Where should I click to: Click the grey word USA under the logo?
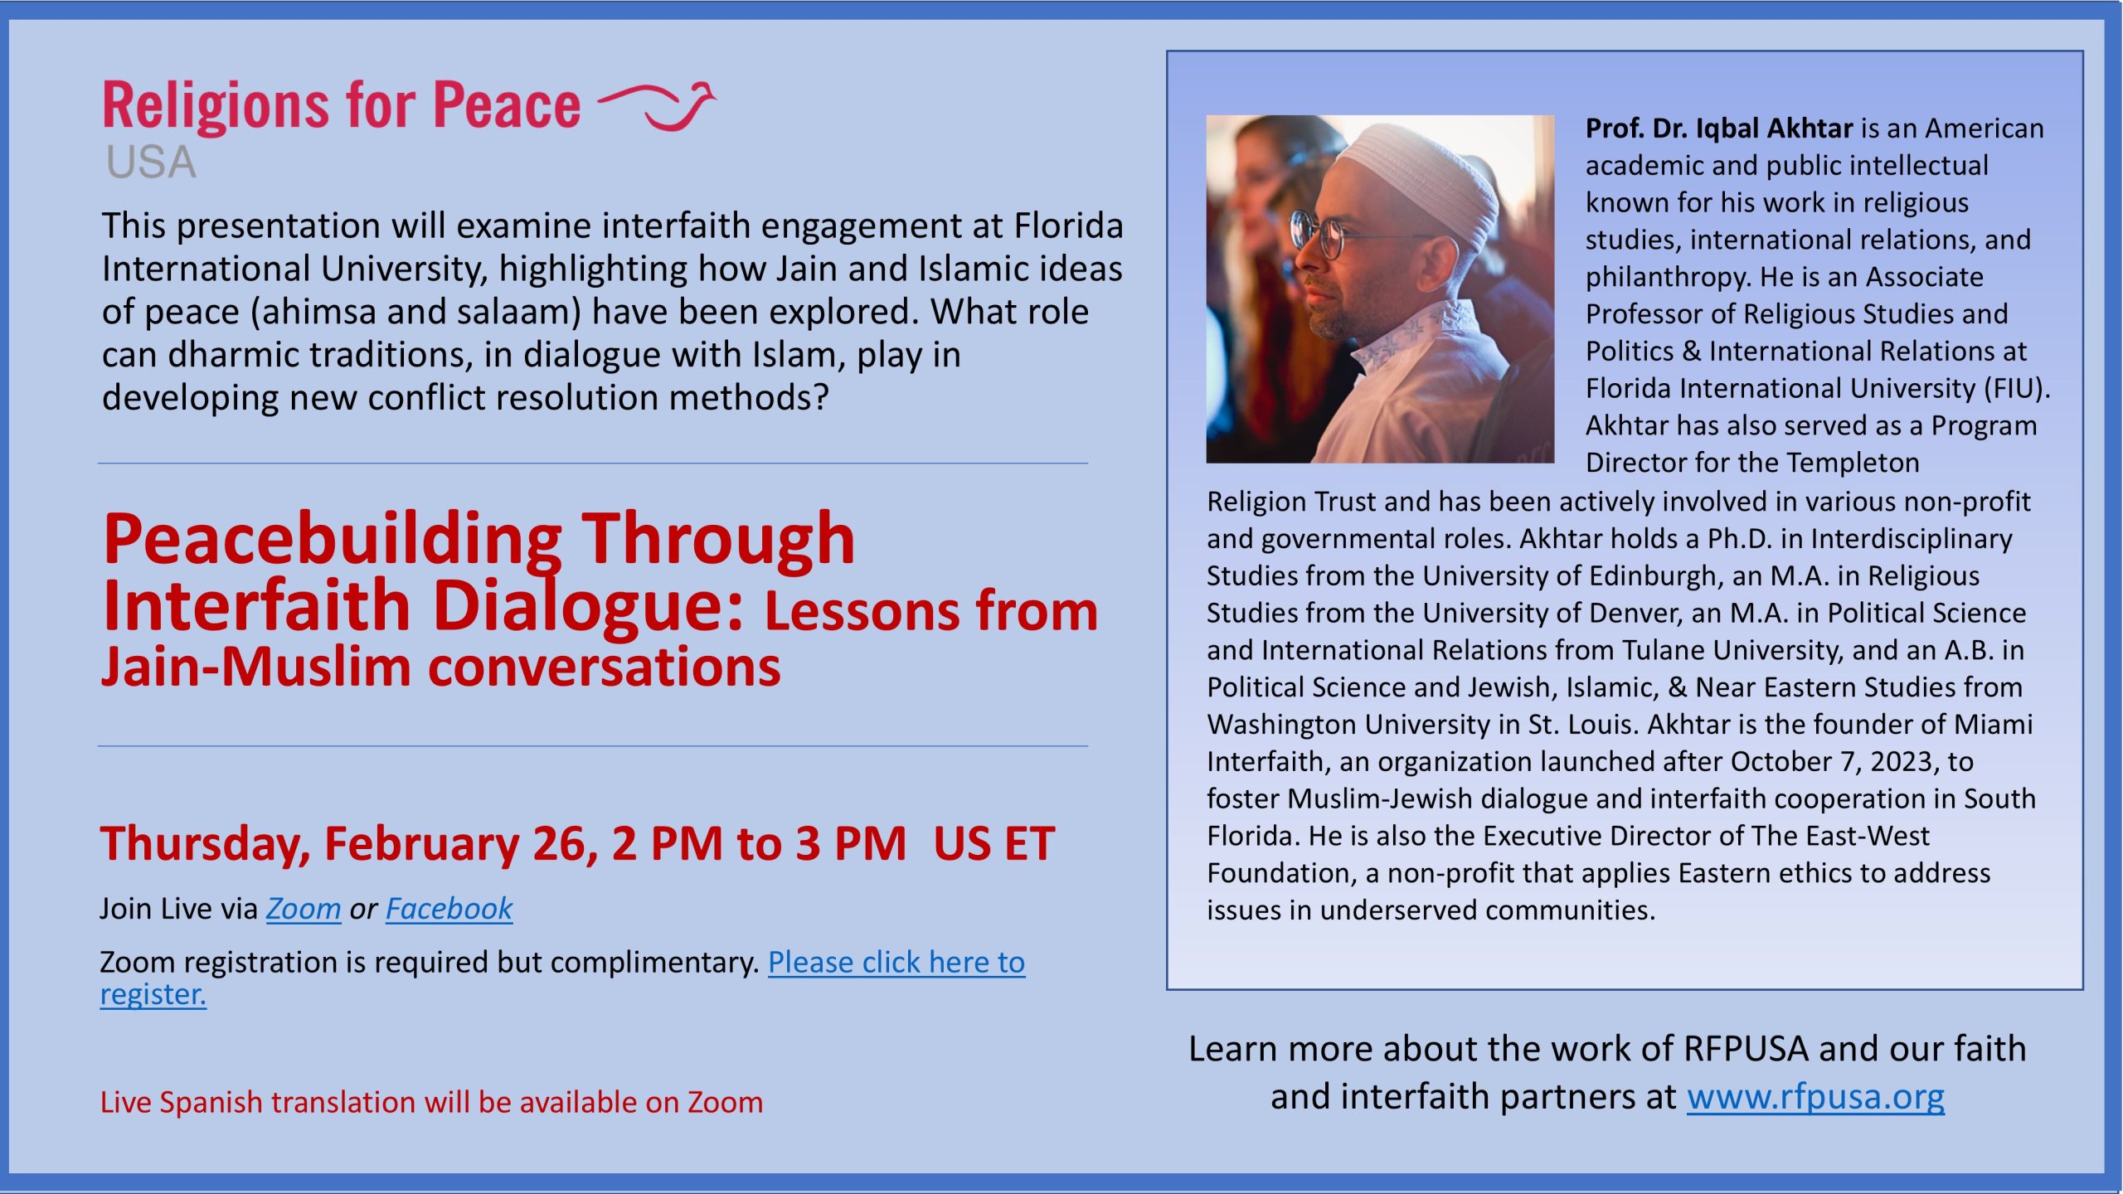pos(152,163)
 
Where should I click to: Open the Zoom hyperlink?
pos(304,910)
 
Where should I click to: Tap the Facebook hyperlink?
pos(449,910)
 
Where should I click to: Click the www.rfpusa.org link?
pos(1815,1097)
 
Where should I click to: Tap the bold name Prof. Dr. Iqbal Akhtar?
pos(1718,129)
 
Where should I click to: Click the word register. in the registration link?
pos(153,994)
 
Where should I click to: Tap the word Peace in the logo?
pos(507,106)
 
